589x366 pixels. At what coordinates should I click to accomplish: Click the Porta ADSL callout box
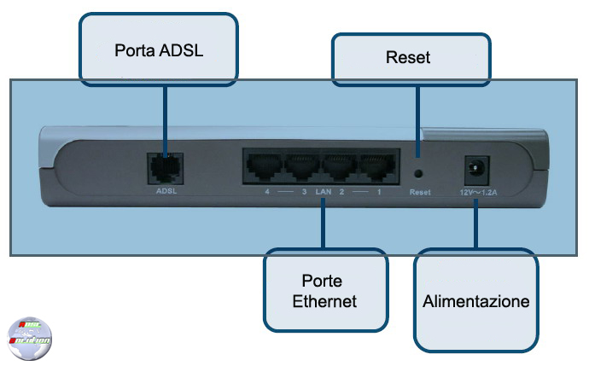[x=158, y=50]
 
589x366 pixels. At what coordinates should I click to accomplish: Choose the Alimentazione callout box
[x=475, y=300]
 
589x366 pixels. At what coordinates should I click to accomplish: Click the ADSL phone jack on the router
[x=163, y=166]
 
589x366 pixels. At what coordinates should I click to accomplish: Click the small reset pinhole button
[x=419, y=172]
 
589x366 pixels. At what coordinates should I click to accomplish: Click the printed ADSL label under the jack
[x=165, y=192]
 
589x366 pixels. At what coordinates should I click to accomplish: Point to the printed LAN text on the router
[x=322, y=193]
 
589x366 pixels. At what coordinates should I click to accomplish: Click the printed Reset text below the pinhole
[x=419, y=193]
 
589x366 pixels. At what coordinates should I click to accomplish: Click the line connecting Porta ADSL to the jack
[x=163, y=115]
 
